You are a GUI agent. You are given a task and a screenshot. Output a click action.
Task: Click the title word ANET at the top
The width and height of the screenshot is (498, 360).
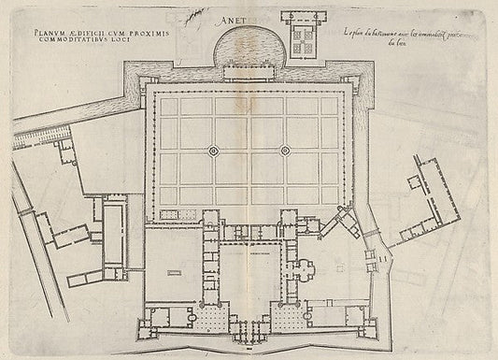click(x=254, y=17)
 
